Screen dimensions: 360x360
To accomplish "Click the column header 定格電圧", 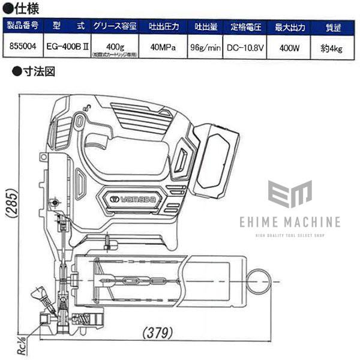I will [246, 26].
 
